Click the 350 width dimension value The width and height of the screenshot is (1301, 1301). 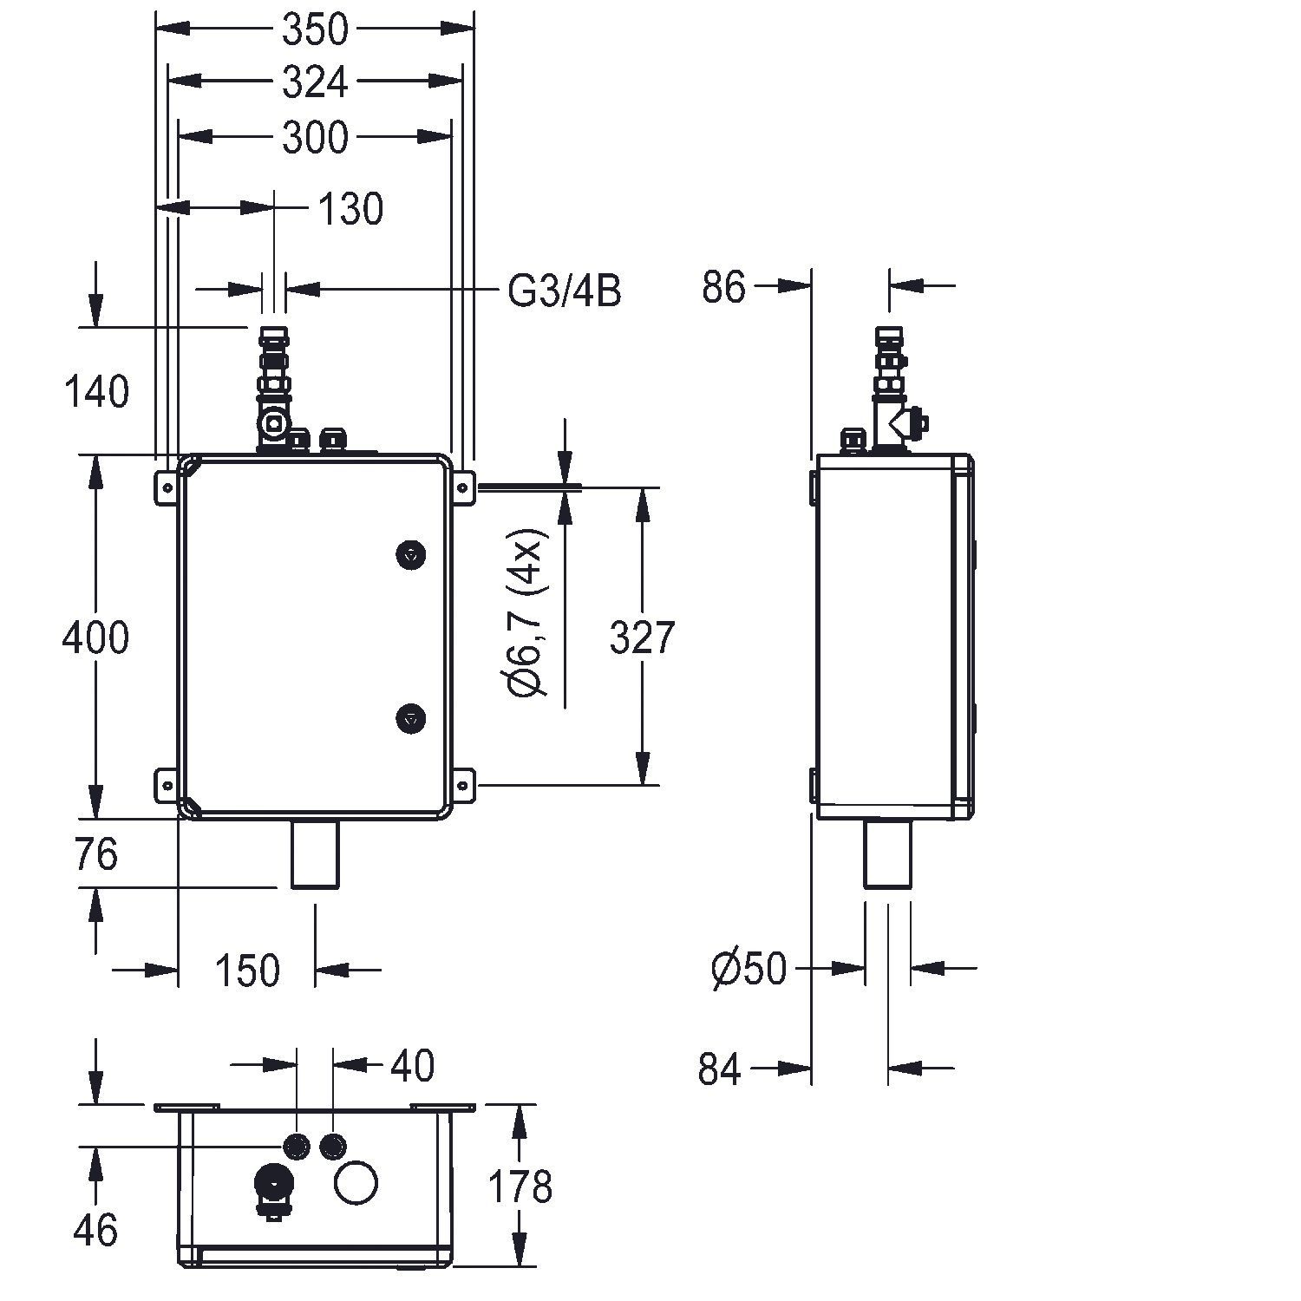315,29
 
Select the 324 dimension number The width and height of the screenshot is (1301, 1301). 315,82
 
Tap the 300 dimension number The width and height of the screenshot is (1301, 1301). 315,137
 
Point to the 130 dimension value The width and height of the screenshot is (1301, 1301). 350,209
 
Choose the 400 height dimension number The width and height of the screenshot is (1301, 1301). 95,637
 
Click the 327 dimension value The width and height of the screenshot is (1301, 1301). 642,637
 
